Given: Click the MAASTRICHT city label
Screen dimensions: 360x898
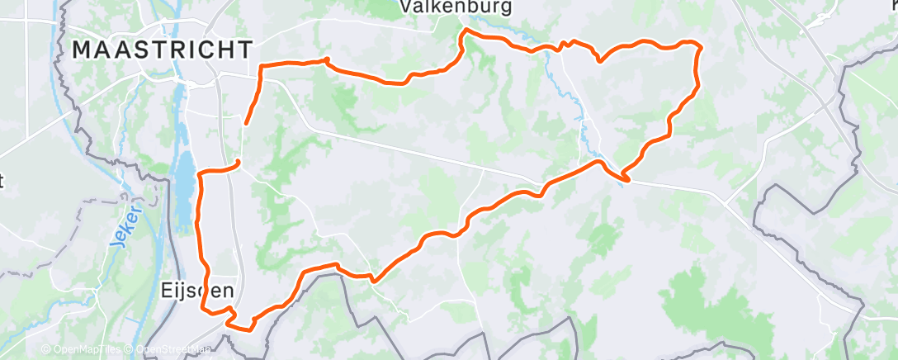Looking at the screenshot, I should coord(162,50).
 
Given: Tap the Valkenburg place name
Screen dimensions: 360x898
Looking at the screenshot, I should coord(456,7).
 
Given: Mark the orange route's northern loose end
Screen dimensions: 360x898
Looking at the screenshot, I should coord(247,124).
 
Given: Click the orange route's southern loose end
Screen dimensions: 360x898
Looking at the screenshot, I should coord(238,162).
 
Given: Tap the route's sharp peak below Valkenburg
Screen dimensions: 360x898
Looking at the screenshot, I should coord(466,31).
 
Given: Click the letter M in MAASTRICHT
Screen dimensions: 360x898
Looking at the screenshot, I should coord(82,50).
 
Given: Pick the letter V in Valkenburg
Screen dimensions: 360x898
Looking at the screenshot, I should coord(406,7).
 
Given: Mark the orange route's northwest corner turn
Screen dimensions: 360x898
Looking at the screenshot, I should coord(262,66).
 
